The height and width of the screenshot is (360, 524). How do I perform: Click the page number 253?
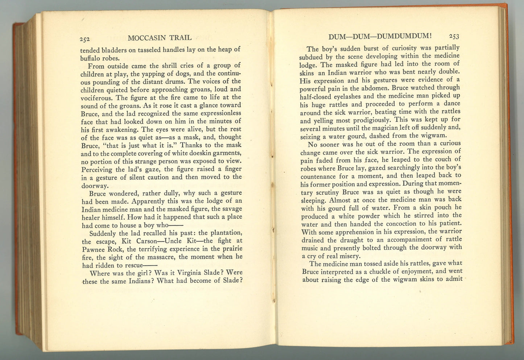click(454, 36)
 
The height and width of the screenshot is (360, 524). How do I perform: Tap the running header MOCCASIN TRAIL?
click(160, 37)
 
